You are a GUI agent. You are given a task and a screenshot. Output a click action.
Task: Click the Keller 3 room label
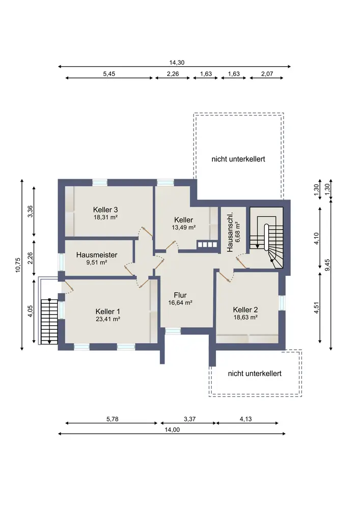105,210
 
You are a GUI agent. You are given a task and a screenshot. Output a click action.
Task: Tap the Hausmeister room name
96,255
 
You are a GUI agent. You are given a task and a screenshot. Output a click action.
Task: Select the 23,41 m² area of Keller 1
108,319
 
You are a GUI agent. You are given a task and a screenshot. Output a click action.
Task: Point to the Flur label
180,295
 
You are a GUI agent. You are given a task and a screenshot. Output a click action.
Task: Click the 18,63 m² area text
245,318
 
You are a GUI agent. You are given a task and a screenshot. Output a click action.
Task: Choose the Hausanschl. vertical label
230,233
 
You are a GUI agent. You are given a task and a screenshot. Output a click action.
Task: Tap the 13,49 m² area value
183,228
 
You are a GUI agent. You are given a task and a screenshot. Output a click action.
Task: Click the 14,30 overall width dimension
177,63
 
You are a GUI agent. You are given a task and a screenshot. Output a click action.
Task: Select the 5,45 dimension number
109,74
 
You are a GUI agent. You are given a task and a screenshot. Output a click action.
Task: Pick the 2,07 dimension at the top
267,74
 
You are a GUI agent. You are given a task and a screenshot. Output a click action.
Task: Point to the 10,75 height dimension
18,265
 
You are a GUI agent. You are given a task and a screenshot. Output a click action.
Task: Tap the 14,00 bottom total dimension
172,430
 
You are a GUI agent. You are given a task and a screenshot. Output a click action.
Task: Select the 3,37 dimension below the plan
189,419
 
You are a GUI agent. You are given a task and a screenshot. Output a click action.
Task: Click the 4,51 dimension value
317,307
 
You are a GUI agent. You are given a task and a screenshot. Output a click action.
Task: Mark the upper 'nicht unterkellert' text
238,159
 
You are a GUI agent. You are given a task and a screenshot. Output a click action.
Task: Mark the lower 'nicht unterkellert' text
255,373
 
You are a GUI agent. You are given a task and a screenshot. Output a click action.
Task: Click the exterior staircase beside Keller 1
49,321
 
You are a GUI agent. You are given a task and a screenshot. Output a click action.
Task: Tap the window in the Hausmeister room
61,262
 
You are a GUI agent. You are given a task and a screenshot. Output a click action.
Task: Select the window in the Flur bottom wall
173,330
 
